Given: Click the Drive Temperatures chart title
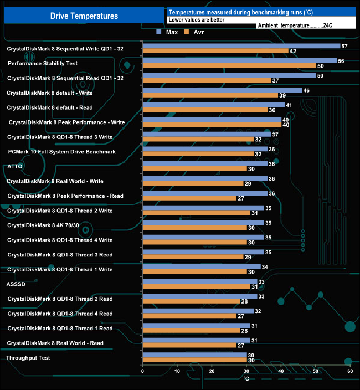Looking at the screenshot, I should point(84,16).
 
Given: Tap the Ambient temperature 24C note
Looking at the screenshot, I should point(294,25).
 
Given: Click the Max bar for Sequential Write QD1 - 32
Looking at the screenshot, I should point(241,46).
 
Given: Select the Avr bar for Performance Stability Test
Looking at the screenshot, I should point(229,66).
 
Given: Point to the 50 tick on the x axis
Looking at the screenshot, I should point(315,371).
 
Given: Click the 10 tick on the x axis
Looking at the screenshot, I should point(177,371).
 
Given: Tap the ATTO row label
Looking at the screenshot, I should point(14,166).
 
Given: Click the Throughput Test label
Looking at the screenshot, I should point(28,358).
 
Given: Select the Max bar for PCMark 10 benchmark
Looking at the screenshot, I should point(204,149).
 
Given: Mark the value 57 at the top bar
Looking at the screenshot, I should point(344,47).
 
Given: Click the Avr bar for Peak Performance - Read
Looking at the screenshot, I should point(189,198).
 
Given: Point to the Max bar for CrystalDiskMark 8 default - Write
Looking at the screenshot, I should point(222,90).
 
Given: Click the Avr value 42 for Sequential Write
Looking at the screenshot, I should point(292,52).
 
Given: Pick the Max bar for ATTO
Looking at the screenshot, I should point(204,164).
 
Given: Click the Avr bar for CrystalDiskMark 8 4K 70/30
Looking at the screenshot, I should point(194,228).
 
